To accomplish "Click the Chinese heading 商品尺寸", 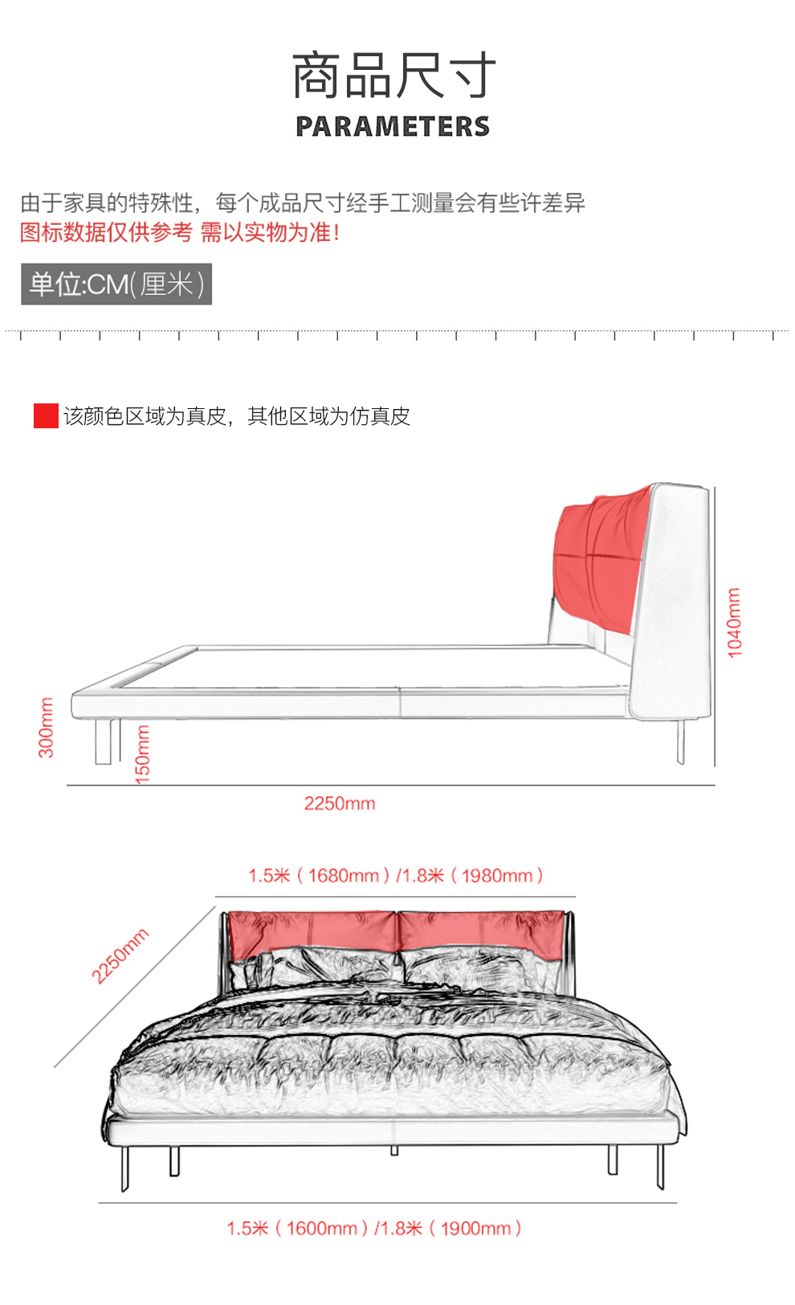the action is pyautogui.click(x=393, y=75).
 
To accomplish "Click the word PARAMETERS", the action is pyautogui.click(x=393, y=126).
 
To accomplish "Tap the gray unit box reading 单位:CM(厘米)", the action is pyautogui.click(x=116, y=284).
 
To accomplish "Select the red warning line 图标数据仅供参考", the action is pyautogui.click(x=106, y=232).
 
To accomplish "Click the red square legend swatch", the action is pyautogui.click(x=46, y=416).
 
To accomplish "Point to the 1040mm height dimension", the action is pyautogui.click(x=735, y=623).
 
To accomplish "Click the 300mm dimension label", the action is pyautogui.click(x=46, y=728).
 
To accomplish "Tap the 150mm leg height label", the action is pyautogui.click(x=142, y=754).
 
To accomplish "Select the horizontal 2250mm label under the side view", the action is pyautogui.click(x=340, y=804).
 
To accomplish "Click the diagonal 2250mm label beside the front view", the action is pyautogui.click(x=120, y=956).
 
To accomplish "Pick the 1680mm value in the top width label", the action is pyautogui.click(x=344, y=876).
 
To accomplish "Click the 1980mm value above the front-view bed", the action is pyautogui.click(x=498, y=876).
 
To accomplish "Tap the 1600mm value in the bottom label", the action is pyautogui.click(x=322, y=1229).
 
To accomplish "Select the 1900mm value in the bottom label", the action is pyautogui.click(x=476, y=1229).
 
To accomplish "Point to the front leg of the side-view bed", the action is pyautogui.click(x=104, y=742).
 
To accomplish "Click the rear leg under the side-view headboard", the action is pyautogui.click(x=680, y=742).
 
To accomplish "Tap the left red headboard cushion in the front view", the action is pyautogui.click(x=312, y=931).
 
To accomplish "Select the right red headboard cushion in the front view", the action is pyautogui.click(x=482, y=933).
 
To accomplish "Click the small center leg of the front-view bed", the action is pyautogui.click(x=394, y=1151).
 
